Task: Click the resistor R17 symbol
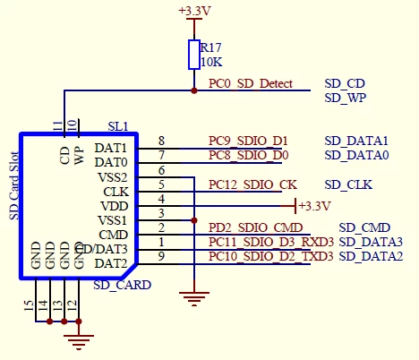click(x=194, y=55)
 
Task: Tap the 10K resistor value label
click(x=211, y=62)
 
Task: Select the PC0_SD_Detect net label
click(x=251, y=83)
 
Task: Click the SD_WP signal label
click(x=346, y=98)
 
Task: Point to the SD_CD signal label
click(x=345, y=83)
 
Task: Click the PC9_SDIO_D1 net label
click(x=248, y=141)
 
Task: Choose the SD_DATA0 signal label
click(x=356, y=155)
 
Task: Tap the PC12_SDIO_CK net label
click(x=252, y=185)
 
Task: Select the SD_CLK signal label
click(x=348, y=185)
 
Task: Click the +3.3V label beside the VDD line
click(x=314, y=206)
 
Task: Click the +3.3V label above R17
click(x=194, y=11)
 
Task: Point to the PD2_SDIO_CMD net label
click(x=256, y=228)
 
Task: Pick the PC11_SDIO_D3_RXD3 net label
click(x=271, y=243)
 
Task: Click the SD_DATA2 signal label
click(x=371, y=256)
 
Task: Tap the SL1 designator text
click(x=118, y=127)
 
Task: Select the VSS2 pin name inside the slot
click(x=113, y=178)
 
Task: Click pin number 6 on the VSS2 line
click(x=161, y=170)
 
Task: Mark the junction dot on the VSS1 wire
click(x=194, y=220)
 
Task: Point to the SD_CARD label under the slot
click(x=123, y=286)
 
